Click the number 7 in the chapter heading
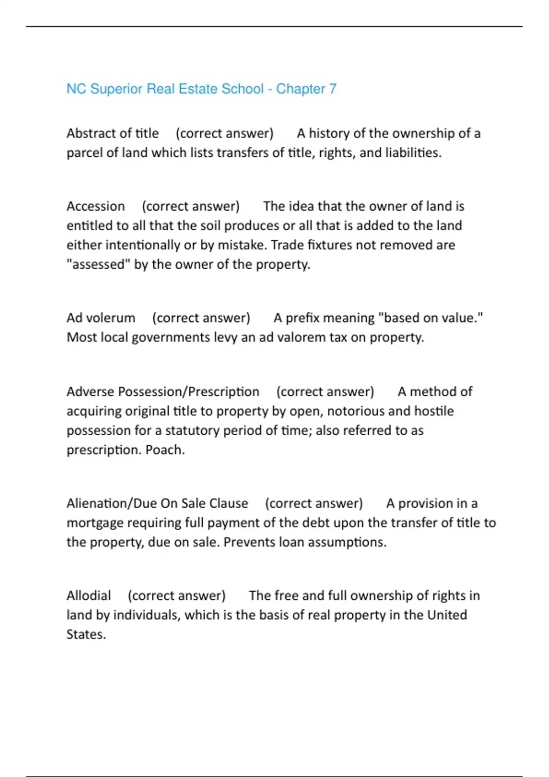point(333,89)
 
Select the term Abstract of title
point(113,133)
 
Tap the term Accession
point(96,206)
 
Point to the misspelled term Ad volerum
point(101,318)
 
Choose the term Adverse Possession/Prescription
point(163,392)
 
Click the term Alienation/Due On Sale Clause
point(157,503)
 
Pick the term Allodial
point(89,596)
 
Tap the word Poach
point(165,450)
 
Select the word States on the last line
point(86,634)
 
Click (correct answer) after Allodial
point(177,596)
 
